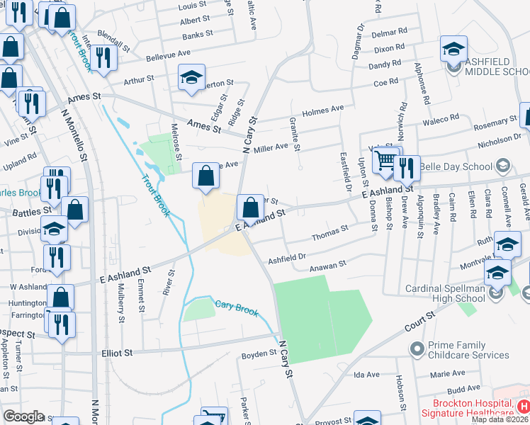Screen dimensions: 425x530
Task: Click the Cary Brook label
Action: (237, 307)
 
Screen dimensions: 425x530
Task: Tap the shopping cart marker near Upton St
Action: (385, 160)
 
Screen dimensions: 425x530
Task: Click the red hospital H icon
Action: (523, 407)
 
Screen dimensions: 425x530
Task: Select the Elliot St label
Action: (118, 352)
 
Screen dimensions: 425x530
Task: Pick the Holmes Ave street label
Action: (322, 110)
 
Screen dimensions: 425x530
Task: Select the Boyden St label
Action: (259, 353)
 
